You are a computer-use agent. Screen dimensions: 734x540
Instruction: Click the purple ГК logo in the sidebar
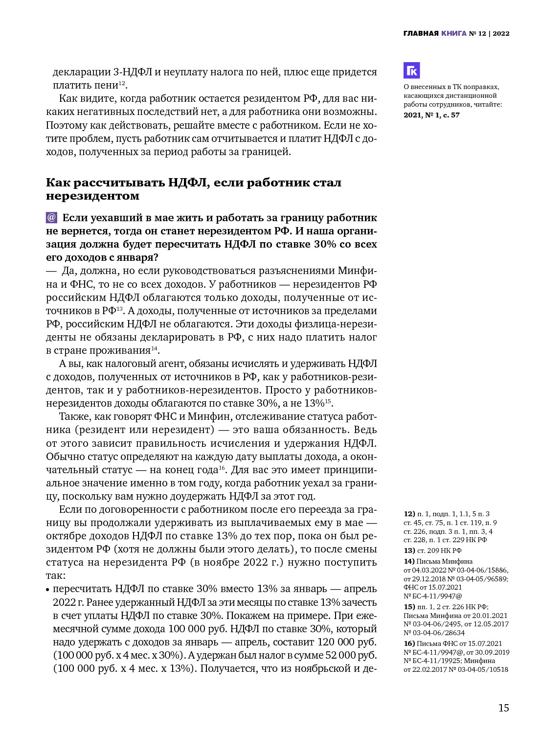[411, 70]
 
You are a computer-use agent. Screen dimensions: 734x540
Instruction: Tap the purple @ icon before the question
[52, 218]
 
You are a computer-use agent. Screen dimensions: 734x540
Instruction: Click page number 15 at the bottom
[503, 708]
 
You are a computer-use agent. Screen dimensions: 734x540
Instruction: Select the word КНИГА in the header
[453, 33]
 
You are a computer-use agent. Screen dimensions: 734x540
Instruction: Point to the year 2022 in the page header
[501, 33]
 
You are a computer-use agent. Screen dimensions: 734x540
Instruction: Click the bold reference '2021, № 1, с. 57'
[431, 115]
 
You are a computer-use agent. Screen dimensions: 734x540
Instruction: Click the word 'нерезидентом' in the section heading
[92, 196]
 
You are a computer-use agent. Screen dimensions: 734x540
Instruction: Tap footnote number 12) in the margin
[409, 514]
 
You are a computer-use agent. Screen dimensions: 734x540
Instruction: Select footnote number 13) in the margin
[409, 550]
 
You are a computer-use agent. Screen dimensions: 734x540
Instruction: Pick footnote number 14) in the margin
[409, 561]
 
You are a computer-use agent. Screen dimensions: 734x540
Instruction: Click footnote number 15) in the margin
[409, 607]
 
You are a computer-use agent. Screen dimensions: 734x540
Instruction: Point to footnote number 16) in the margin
[409, 643]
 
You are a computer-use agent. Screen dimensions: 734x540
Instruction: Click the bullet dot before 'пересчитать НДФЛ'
[48, 590]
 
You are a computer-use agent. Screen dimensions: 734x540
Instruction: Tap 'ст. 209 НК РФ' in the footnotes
[439, 550]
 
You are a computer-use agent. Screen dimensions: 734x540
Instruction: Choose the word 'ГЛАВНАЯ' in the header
[421, 33]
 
